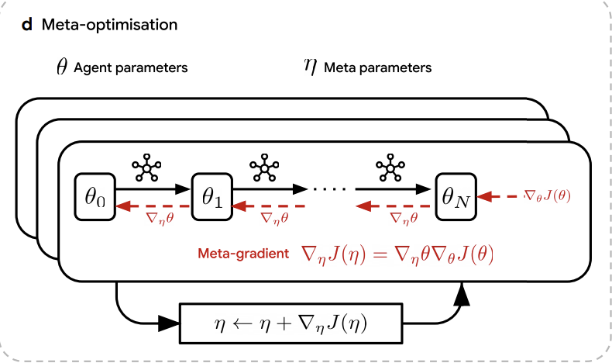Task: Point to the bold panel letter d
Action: (x=27, y=25)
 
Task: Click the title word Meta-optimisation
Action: (x=109, y=25)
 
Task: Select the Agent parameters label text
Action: (x=131, y=68)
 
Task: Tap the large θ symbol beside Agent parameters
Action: (x=62, y=67)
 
